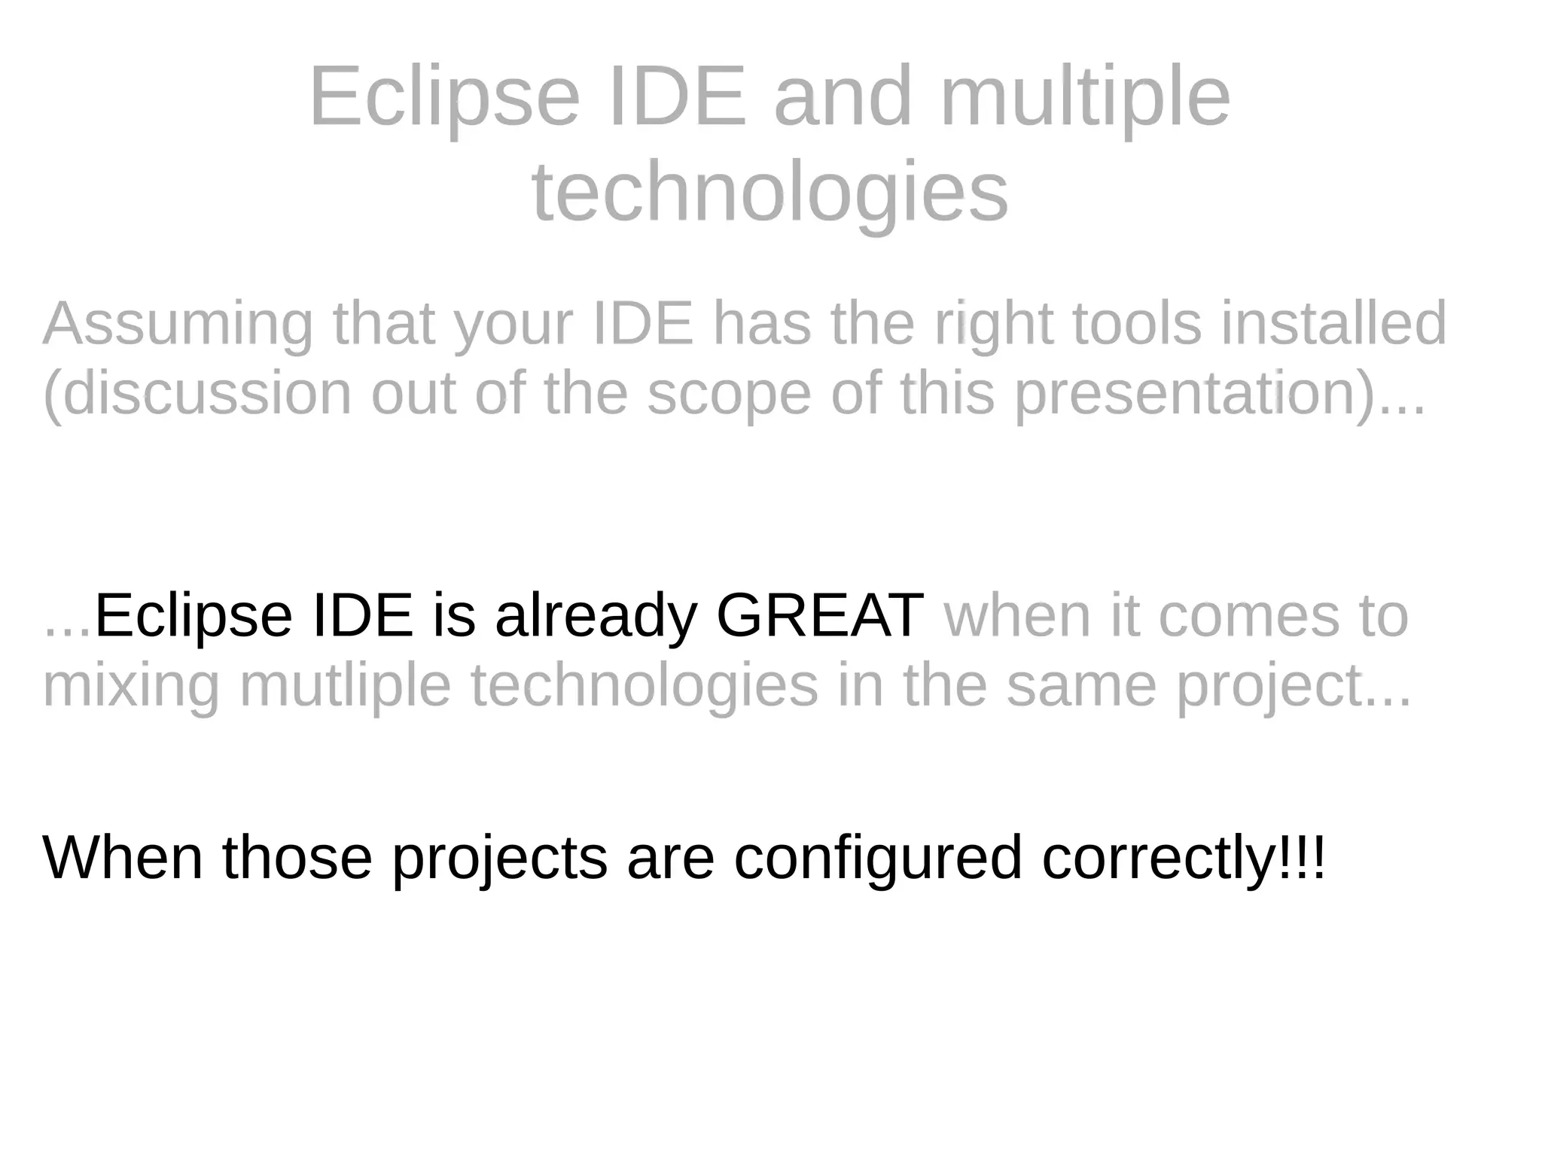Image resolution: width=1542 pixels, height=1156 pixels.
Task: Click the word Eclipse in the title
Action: tap(444, 99)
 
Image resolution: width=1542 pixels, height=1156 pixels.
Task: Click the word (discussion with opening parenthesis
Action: tap(197, 393)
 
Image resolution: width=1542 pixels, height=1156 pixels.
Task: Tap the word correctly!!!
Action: tap(1183, 859)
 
